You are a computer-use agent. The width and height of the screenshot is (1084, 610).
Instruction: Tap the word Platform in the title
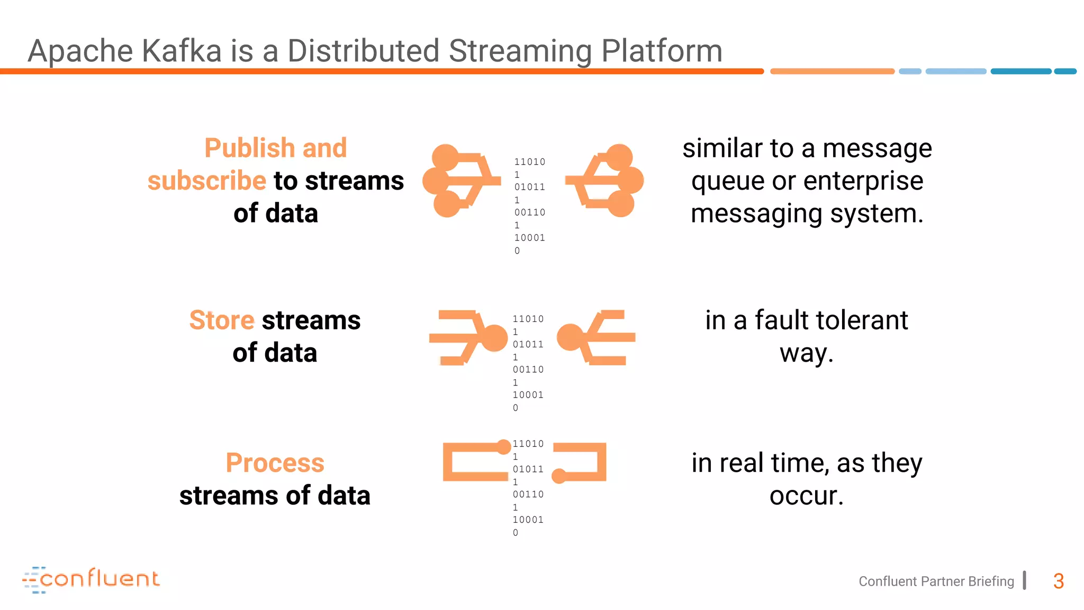click(x=662, y=51)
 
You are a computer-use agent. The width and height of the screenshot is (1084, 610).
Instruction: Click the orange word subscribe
click(x=206, y=181)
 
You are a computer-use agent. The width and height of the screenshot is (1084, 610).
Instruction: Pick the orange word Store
click(x=222, y=320)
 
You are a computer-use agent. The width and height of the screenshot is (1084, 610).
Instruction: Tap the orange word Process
click(x=275, y=463)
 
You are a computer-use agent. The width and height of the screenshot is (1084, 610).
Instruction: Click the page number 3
click(x=1058, y=581)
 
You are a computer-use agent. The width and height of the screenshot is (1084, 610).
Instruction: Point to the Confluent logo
click(x=91, y=579)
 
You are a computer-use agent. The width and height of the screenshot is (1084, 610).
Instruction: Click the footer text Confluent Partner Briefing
click(x=936, y=581)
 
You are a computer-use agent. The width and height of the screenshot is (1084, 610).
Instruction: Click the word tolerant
click(x=857, y=320)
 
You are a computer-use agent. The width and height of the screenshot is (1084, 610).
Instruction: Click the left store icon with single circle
click(x=468, y=337)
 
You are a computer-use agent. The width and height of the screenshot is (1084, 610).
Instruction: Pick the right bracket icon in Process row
click(x=581, y=462)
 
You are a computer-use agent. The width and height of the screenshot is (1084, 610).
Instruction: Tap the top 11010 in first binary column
click(x=529, y=162)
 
